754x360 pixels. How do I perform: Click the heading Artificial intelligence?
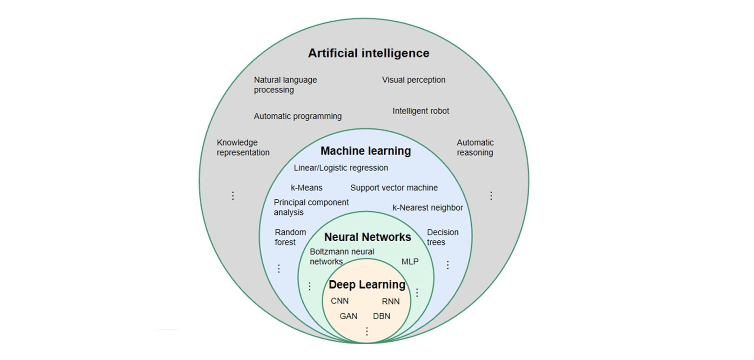pos(369,53)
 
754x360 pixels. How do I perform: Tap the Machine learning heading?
pos(366,151)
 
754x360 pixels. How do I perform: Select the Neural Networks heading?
pos(367,237)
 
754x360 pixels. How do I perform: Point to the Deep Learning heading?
pos(367,285)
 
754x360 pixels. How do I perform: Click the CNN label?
pos(340,301)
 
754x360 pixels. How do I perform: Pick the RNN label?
pos(391,301)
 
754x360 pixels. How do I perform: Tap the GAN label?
pos(348,316)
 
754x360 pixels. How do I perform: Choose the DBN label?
pos(382,316)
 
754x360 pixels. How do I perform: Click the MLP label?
pos(410,261)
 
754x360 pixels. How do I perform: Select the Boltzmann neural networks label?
pos(342,256)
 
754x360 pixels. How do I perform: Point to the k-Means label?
pos(307,188)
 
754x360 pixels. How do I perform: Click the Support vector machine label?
pos(394,188)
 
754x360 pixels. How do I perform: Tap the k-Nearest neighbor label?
pos(428,208)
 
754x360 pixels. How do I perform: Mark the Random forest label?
pos(290,237)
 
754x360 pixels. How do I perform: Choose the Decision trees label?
pos(443,237)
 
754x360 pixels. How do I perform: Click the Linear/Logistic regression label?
pos(341,168)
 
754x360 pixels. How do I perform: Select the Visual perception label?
pos(413,80)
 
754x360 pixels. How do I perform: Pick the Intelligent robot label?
pos(421,111)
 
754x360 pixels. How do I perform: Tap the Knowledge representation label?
pos(243,147)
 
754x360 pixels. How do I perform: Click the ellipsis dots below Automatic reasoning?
pos(491,196)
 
